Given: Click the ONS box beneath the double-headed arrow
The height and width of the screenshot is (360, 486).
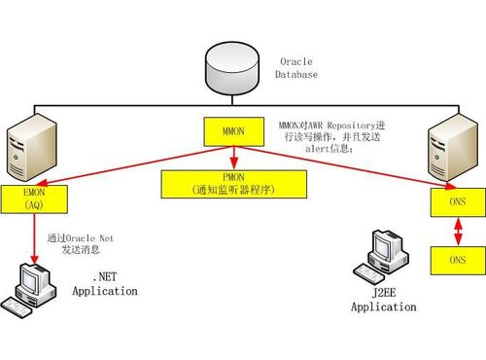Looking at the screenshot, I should pos(456,260).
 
